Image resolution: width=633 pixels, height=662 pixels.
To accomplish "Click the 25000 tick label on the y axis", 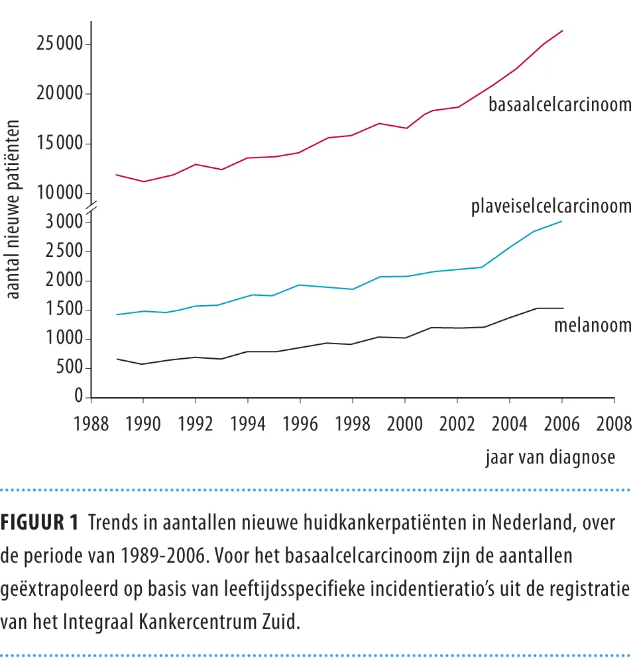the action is click(x=60, y=43).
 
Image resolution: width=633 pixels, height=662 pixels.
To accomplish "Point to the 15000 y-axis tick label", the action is click(x=60, y=143).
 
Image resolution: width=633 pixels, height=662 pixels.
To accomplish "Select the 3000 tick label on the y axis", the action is click(x=64, y=221).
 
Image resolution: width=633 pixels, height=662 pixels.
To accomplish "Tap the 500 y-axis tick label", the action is click(x=70, y=367).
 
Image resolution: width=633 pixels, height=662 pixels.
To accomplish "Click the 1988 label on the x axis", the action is click(x=91, y=424).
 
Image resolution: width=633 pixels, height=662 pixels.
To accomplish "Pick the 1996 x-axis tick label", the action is click(x=300, y=424).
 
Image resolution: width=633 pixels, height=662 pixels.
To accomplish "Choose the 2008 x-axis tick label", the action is click(x=614, y=424).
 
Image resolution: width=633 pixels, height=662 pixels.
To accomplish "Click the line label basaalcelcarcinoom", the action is click(x=560, y=105).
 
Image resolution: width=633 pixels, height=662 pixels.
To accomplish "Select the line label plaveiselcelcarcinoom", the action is click(x=551, y=207).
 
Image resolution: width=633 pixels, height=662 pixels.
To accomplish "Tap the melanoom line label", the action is click(x=593, y=325).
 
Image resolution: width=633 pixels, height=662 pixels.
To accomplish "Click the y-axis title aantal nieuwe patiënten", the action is click(x=13, y=209).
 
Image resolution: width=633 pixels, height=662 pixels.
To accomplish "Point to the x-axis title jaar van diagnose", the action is click(x=551, y=457).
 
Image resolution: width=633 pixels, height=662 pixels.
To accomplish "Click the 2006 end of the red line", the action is click(x=562, y=31).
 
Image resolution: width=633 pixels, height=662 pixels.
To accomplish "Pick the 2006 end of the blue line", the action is click(x=561, y=221).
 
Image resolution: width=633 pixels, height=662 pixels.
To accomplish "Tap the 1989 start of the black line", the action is click(x=117, y=359).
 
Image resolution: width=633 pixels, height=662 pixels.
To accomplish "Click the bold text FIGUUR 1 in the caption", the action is click(x=39, y=522).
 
